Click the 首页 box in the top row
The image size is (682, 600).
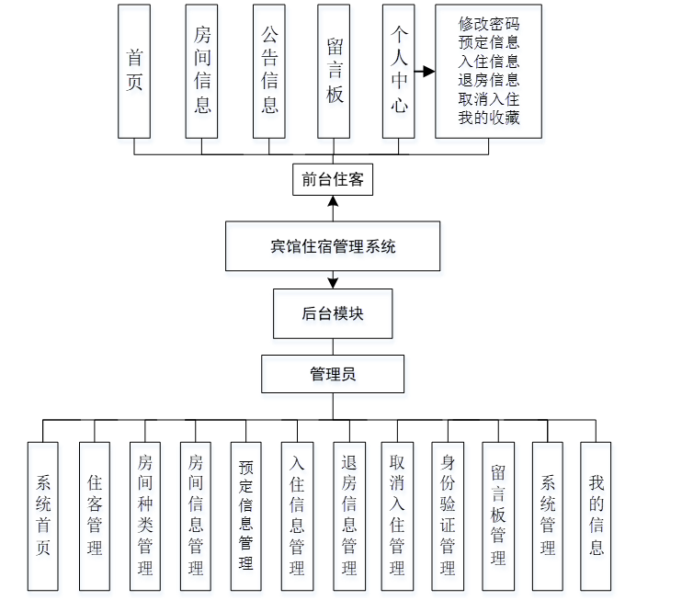tap(134, 71)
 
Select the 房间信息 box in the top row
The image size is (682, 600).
tap(201, 71)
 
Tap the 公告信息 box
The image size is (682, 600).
tap(268, 71)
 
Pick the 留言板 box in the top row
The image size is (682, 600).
tap(334, 71)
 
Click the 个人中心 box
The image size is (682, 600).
tap(399, 71)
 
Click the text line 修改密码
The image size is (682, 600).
tap(489, 25)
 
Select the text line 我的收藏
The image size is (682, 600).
tap(489, 118)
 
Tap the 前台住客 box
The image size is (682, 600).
tap(333, 180)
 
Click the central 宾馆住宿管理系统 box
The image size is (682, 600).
tap(333, 246)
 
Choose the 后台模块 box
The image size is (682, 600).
tap(333, 313)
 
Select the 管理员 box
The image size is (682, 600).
tap(333, 375)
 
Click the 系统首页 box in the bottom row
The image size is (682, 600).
tap(43, 515)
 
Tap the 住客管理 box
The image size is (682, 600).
tap(95, 515)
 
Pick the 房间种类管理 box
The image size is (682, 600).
tap(145, 515)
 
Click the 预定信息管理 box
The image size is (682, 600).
tap(245, 515)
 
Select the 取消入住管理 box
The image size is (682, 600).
tap(397, 515)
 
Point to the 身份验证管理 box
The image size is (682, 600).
tap(448, 515)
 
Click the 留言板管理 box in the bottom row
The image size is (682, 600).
tap(497, 515)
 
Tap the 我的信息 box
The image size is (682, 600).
tap(597, 515)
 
